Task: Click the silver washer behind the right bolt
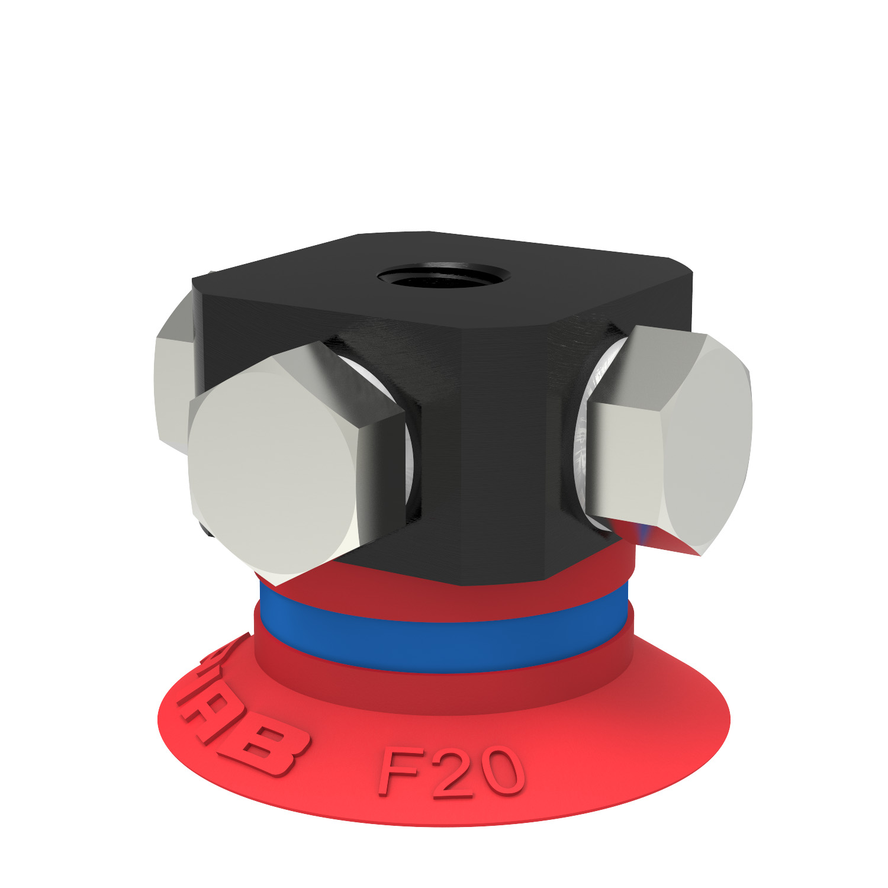pos(583,438)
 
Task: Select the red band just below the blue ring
pos(444,687)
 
